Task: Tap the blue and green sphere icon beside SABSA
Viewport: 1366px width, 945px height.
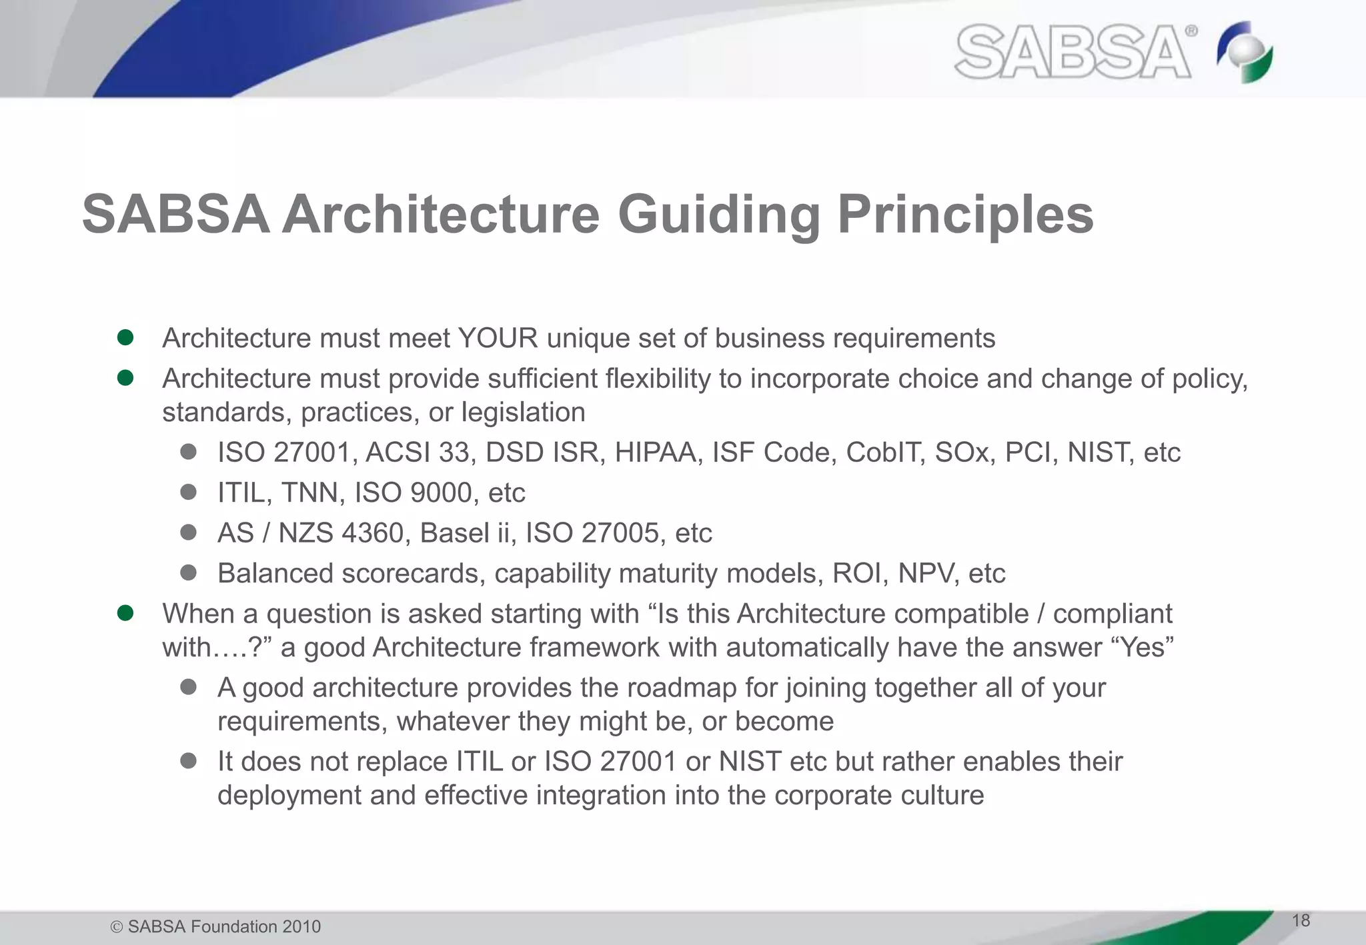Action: point(1245,53)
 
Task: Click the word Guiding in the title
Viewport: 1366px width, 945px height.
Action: point(718,215)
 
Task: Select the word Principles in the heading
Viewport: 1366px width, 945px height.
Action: point(965,215)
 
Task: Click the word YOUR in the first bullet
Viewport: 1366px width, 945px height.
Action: point(498,339)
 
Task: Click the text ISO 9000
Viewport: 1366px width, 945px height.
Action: point(414,493)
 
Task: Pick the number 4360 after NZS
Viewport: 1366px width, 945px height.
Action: point(372,533)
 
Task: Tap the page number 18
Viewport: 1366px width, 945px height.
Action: point(1301,921)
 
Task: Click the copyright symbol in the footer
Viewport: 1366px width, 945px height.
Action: point(117,927)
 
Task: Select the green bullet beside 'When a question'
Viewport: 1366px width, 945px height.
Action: point(125,612)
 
